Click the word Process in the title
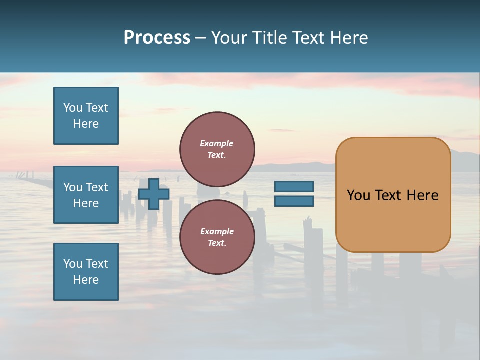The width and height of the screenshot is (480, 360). [x=157, y=38]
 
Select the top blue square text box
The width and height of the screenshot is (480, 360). [x=86, y=116]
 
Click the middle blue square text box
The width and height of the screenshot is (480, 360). [x=86, y=195]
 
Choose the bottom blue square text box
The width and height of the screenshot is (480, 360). [x=86, y=272]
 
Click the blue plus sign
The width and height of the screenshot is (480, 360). [x=153, y=194]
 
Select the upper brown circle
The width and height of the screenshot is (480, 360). [x=217, y=149]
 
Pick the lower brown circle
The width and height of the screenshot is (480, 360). [x=217, y=237]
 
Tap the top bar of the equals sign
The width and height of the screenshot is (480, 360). [x=294, y=187]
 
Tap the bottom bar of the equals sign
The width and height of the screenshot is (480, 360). [x=294, y=201]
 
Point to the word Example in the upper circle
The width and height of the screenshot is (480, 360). [x=217, y=144]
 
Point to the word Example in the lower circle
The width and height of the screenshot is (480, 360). [x=217, y=232]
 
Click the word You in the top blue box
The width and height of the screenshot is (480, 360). [x=73, y=108]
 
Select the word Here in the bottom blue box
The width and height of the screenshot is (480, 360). [x=86, y=280]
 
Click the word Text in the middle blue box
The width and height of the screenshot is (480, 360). [x=97, y=187]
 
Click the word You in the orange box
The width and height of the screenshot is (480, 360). [x=358, y=195]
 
